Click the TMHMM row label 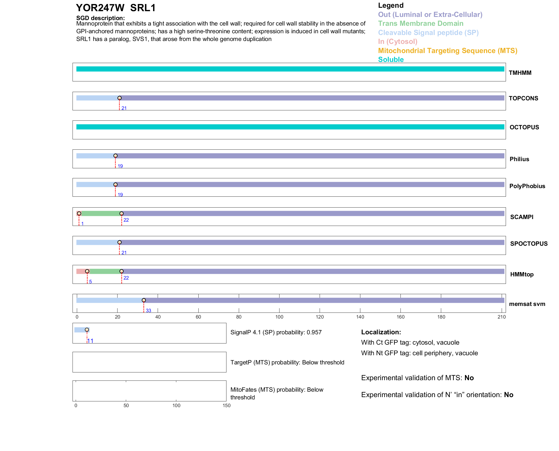point(520,73)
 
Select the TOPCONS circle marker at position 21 point(120,98)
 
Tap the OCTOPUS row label point(524,127)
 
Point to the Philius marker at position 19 point(116,156)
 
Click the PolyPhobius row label point(527,186)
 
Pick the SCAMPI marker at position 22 point(122,214)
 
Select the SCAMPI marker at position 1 point(79,214)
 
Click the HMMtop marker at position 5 point(87,271)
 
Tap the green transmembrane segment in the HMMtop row point(105,271)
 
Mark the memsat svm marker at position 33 point(144,300)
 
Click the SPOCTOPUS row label point(529,244)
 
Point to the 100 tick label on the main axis point(279,317)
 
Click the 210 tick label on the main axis point(502,317)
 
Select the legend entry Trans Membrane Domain point(421,24)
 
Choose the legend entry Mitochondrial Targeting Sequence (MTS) point(447,51)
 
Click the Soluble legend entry point(391,60)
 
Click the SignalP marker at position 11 point(87,330)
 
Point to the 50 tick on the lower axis point(126,405)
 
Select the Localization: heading point(381,332)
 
